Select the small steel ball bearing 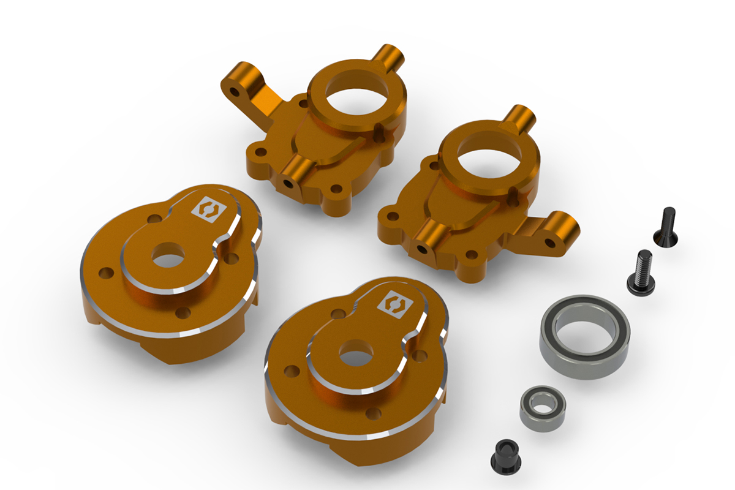click(x=542, y=407)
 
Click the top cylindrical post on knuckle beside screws click(x=522, y=116)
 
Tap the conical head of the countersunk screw click(x=666, y=235)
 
